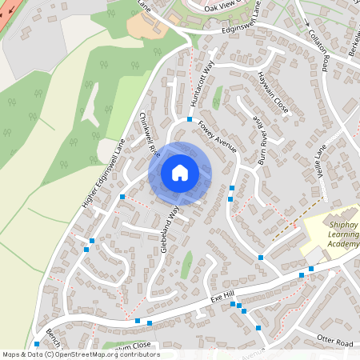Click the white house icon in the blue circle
click(x=180, y=172)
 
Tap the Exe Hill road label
click(x=221, y=297)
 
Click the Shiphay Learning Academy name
click(x=342, y=236)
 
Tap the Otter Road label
click(x=334, y=342)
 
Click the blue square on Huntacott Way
click(x=190, y=119)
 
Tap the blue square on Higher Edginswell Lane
click(x=122, y=196)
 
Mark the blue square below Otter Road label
click(x=258, y=327)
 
